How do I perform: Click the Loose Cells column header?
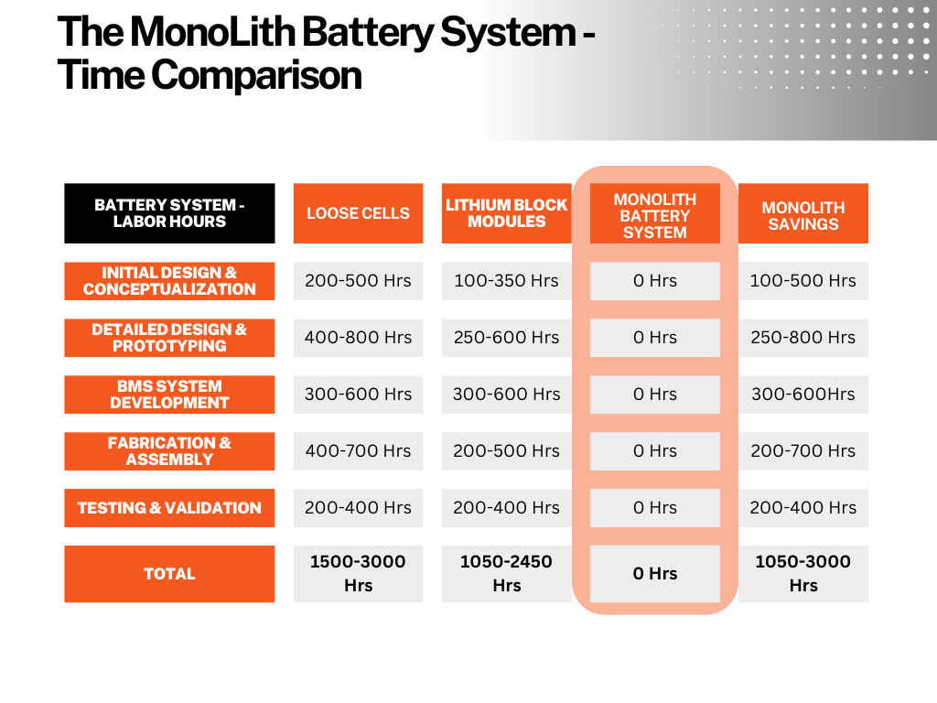tap(358, 213)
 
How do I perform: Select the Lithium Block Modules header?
tap(506, 213)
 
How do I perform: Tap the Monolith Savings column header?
tap(803, 213)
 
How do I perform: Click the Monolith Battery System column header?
tap(655, 213)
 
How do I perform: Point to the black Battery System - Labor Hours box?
tap(169, 213)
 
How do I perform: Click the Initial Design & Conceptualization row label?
tap(169, 281)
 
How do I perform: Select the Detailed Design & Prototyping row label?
tap(169, 338)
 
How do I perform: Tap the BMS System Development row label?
tap(169, 395)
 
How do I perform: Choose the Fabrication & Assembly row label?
tap(169, 451)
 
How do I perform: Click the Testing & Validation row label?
tap(169, 508)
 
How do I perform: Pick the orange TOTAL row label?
tap(169, 574)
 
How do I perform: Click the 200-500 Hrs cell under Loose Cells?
tap(358, 281)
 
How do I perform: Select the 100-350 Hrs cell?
tap(506, 281)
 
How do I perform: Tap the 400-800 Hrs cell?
tap(358, 338)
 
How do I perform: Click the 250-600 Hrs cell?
tap(506, 338)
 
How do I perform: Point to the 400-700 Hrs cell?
tap(358, 451)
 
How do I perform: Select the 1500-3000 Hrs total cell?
tap(358, 574)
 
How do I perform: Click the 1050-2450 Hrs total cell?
tap(506, 574)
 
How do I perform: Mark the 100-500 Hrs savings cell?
tap(803, 281)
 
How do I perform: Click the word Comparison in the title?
tap(256, 76)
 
